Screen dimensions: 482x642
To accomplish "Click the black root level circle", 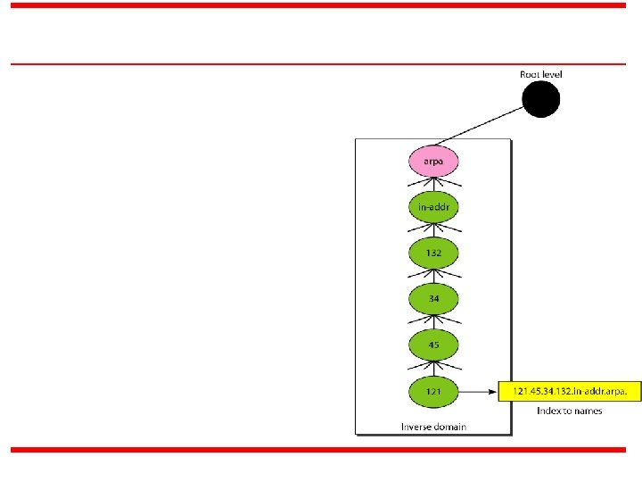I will coord(541,100).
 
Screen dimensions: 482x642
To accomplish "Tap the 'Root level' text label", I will coord(541,74).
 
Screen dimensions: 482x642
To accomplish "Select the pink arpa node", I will coord(433,162).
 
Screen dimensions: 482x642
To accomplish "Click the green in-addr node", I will coord(433,207).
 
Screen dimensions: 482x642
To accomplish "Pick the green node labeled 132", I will coord(433,253).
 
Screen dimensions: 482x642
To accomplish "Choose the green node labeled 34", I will coord(433,299).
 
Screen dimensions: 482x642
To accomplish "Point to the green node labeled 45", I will coord(433,345).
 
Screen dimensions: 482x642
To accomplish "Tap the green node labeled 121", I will coord(433,391).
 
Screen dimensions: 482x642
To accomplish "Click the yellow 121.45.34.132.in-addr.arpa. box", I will coord(569,391).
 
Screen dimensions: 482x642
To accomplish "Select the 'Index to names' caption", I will coord(569,411).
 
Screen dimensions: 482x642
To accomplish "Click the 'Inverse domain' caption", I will coord(433,427).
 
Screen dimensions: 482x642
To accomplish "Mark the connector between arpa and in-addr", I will coord(433,184).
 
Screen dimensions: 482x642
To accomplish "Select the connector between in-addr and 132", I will coord(433,230).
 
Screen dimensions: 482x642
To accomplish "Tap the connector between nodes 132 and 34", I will coord(433,276).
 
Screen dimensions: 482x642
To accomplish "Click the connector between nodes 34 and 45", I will coord(433,322).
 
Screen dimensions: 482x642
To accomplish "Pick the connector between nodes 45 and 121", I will coord(433,368).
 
